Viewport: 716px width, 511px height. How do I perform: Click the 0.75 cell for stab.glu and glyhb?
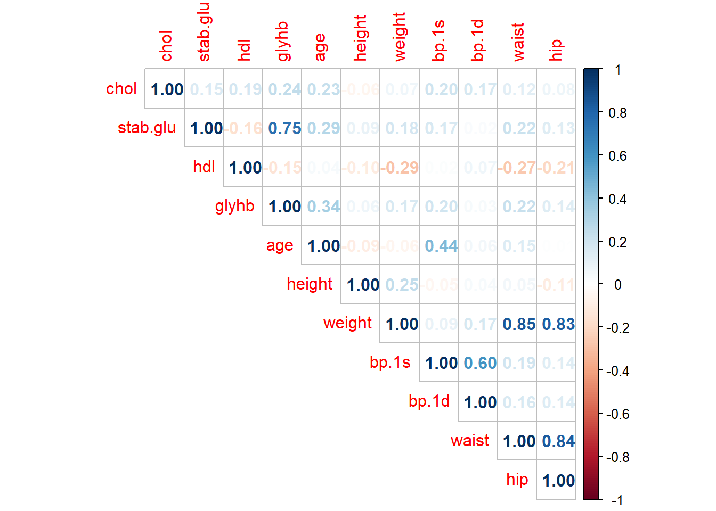[x=284, y=128]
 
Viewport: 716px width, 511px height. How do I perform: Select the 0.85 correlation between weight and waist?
[x=519, y=324]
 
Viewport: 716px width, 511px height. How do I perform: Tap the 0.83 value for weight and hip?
[x=558, y=324]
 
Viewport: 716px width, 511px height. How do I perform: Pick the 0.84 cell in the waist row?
[x=558, y=441]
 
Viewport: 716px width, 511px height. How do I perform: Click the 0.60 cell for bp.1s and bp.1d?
[x=480, y=363]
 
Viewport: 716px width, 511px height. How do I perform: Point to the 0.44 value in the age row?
[x=441, y=246]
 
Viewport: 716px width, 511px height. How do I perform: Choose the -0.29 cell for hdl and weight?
[x=400, y=168]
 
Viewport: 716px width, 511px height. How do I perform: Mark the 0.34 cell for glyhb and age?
[x=323, y=207]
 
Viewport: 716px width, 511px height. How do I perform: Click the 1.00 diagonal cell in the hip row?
[x=558, y=481]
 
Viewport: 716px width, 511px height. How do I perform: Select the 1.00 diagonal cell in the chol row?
[x=167, y=89]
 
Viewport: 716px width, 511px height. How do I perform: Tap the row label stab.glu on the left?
[x=147, y=128]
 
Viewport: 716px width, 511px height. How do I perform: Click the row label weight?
[x=347, y=323]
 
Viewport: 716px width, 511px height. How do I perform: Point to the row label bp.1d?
[x=429, y=401]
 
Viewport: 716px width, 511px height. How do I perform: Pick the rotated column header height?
[x=361, y=38]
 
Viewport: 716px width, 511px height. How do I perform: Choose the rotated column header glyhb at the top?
[x=282, y=42]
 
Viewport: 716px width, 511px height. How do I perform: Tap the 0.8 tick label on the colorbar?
[x=617, y=113]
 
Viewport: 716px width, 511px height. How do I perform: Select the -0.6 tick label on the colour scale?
[x=617, y=414]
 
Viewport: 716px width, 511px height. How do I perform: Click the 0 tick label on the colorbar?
[x=617, y=285]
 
